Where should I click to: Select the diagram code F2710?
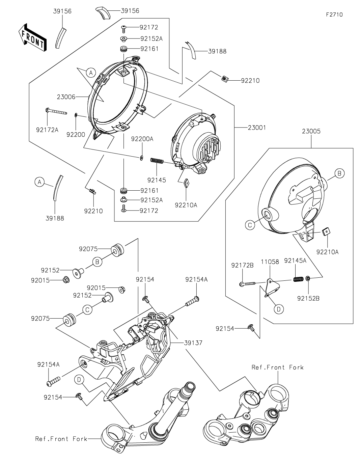tap(334, 15)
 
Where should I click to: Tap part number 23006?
tap(66, 97)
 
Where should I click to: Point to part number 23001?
tap(257, 128)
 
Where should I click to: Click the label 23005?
tap(311, 131)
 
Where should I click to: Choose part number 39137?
tap(193, 343)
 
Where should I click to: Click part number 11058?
tap(270, 262)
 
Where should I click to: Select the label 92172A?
tap(47, 129)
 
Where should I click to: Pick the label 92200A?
tap(142, 139)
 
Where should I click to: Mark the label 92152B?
tap(308, 298)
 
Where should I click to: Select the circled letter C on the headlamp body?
tap(250, 225)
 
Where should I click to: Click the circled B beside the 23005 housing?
tap(339, 173)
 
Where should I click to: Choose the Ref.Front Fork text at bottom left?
tap(61, 439)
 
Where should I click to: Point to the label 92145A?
tap(295, 261)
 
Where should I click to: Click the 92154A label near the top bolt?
tap(196, 279)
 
